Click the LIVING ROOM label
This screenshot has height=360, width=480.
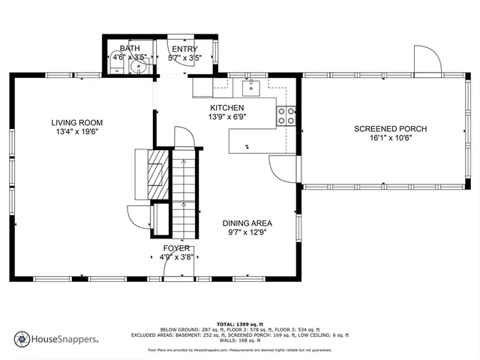click(x=76, y=122)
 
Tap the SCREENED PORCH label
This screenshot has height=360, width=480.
click(x=390, y=129)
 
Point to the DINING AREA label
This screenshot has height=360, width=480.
click(x=247, y=223)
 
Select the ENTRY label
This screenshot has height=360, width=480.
click(x=184, y=49)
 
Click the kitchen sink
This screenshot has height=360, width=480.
click(x=250, y=87)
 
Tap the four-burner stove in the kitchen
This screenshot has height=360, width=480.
click(x=286, y=115)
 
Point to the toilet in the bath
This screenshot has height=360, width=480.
click(x=116, y=68)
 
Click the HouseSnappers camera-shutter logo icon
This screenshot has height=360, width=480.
click(x=21, y=339)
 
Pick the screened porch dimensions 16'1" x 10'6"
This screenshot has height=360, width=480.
click(x=390, y=138)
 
